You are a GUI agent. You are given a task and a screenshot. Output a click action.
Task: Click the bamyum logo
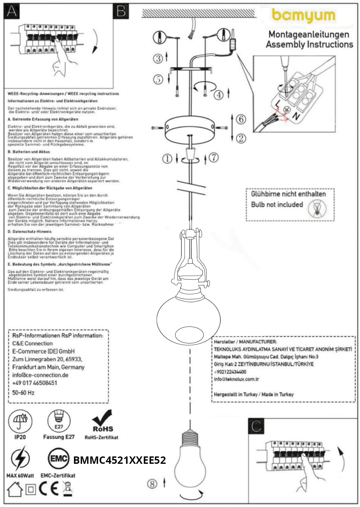tap(303, 16)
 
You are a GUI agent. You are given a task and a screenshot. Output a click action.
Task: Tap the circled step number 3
tap(158, 58)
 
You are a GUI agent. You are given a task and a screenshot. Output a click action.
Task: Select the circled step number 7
tap(214, 157)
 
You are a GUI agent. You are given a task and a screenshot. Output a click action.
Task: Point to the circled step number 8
tap(152, 484)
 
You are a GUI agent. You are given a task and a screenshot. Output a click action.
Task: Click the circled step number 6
tap(241, 119)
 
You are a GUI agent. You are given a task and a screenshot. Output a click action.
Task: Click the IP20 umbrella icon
tap(20, 421)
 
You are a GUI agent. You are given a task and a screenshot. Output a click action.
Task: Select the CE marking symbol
tap(49, 488)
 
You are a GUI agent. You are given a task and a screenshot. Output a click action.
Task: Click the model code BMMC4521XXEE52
tap(120, 460)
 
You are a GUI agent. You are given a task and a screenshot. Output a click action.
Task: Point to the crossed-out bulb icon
tap(317, 208)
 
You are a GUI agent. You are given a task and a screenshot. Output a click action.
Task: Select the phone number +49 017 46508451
tap(35, 383)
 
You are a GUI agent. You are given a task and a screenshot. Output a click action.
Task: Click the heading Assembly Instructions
tap(309, 44)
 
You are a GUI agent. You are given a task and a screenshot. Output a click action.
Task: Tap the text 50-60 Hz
tap(23, 392)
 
